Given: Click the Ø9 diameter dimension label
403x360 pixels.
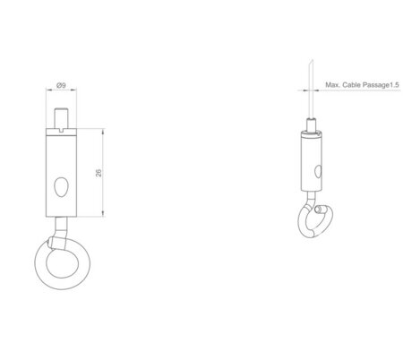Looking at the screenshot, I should coord(59,85).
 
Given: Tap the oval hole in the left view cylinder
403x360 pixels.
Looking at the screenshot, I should coord(62,185).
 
